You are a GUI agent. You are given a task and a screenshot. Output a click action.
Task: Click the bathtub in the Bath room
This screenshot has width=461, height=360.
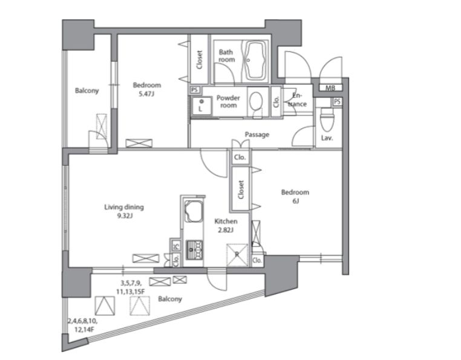point(255,61)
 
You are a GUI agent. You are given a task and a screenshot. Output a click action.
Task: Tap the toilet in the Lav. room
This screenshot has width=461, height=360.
point(326,120)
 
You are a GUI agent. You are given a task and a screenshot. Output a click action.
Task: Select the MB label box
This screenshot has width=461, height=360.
point(330,88)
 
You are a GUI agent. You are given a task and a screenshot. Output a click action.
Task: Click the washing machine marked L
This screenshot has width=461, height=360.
point(201,106)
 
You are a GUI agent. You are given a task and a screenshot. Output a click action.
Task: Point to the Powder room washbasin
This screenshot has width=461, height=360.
point(256,101)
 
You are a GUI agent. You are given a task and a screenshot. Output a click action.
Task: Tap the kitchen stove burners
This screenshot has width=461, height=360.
point(194,250)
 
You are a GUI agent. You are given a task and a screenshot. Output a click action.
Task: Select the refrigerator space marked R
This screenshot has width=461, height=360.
point(237,255)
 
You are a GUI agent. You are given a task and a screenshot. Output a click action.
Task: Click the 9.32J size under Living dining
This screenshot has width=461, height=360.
point(125,216)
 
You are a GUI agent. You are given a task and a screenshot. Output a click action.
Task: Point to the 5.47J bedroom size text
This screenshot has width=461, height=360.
point(146,94)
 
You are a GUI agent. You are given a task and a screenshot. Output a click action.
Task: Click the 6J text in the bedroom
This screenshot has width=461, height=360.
point(295,201)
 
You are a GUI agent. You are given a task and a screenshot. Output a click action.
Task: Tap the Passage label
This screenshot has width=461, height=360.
point(257,135)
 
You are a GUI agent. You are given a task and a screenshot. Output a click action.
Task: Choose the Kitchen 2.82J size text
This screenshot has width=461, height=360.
point(226,231)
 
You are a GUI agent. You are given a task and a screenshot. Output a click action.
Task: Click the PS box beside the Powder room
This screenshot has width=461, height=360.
point(195,90)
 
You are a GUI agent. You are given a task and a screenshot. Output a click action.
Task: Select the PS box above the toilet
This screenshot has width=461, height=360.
point(337,102)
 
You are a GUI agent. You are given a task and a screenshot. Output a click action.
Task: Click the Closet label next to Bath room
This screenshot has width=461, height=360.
point(199,60)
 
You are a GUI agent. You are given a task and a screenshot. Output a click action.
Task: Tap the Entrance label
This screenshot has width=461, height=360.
point(298,100)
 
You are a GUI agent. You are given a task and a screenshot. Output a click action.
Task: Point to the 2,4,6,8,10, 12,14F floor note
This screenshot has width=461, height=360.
point(83,326)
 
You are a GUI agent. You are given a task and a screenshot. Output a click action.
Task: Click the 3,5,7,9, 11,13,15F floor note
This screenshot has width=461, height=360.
point(132,287)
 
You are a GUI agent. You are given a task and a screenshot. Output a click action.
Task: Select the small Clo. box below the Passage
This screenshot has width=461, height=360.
point(240,157)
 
